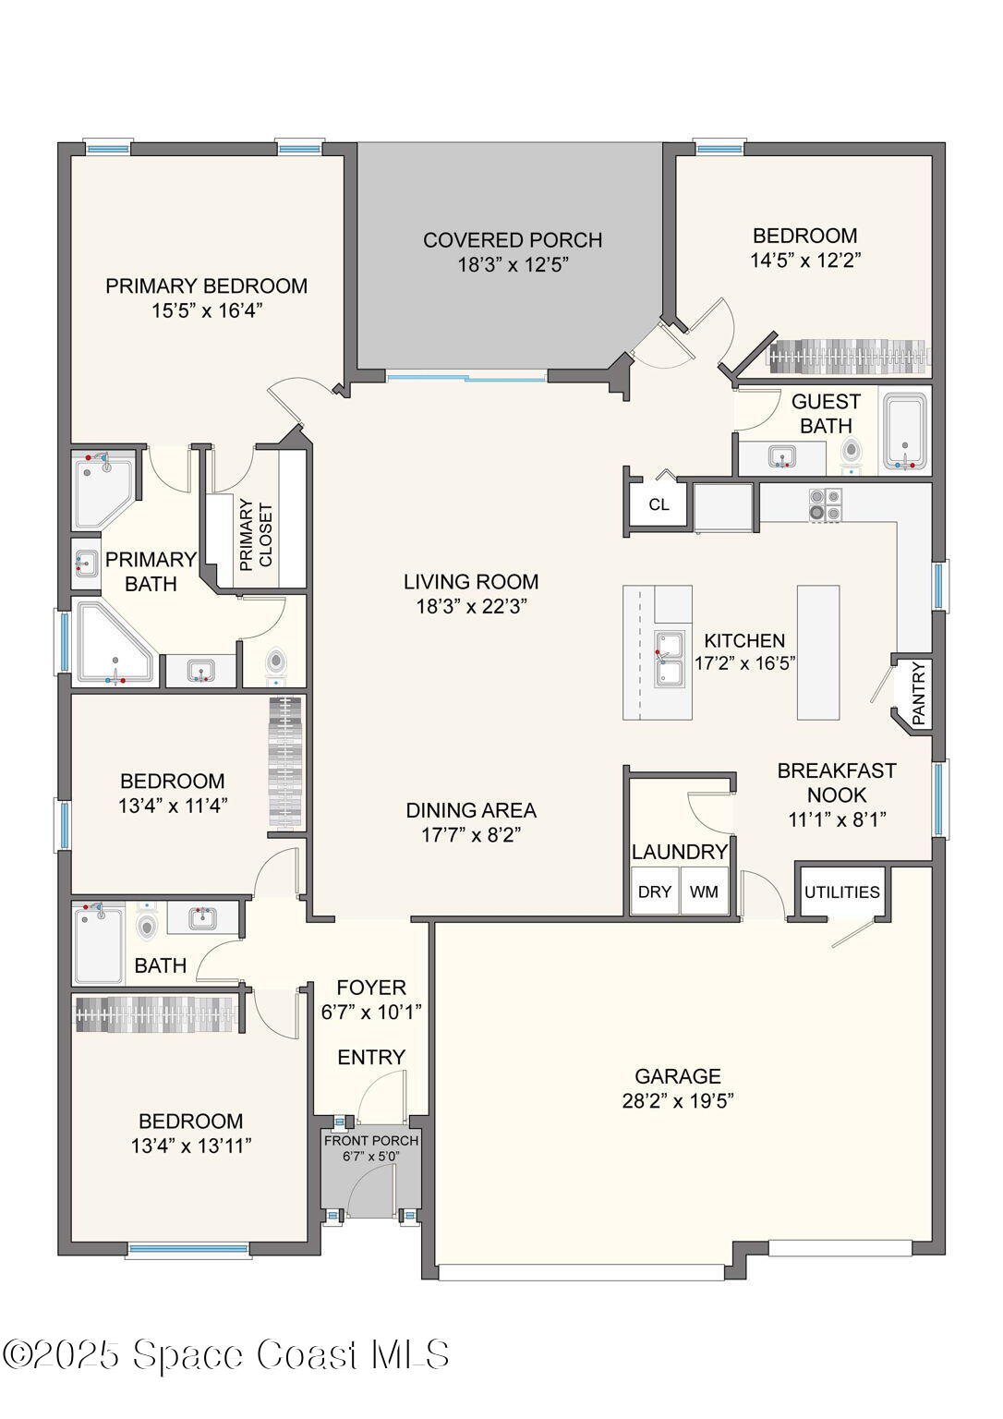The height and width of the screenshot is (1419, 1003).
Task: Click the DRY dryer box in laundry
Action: [655, 892]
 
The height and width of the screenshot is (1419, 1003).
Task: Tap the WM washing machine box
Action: [704, 892]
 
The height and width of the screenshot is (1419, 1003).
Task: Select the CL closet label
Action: [659, 504]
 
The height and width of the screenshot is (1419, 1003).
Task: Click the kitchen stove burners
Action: [826, 504]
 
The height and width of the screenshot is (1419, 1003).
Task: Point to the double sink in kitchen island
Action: [670, 658]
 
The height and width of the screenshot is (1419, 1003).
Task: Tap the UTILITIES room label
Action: [841, 892]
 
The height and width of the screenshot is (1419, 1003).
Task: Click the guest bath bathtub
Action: [904, 432]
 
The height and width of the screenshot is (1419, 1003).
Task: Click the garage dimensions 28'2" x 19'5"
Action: [678, 1101]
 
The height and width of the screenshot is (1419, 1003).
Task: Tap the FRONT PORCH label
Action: [371, 1141]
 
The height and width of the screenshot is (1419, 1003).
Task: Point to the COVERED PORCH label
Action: [513, 240]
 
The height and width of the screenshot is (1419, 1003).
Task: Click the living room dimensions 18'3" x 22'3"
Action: [471, 607]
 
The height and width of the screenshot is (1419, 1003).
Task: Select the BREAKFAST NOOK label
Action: [837, 782]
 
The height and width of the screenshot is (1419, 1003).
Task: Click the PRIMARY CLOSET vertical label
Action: [256, 536]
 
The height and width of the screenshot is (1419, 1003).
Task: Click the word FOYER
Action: [371, 988]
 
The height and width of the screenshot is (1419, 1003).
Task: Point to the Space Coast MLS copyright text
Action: [226, 1355]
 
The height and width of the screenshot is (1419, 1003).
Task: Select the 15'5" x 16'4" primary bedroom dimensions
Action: [207, 311]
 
